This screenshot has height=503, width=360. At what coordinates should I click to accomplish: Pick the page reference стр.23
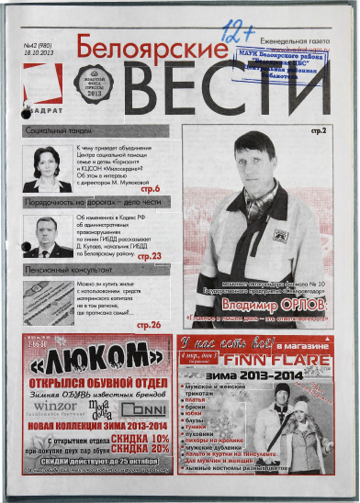coord(149,256)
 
